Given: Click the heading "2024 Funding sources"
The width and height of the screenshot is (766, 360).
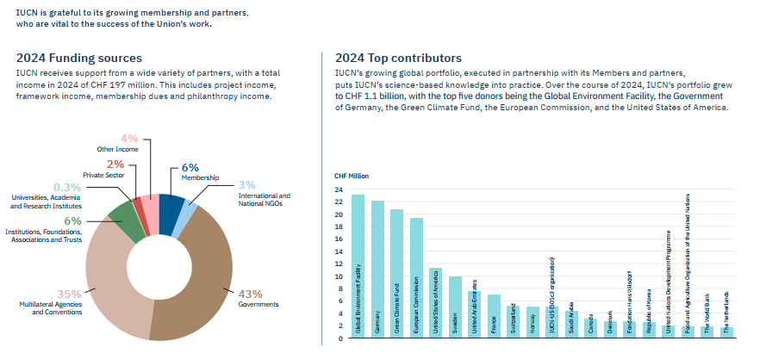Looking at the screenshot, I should tap(78, 58).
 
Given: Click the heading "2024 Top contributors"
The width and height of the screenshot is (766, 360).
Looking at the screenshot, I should tap(398, 58).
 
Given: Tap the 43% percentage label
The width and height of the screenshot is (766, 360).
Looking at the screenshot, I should tap(250, 293).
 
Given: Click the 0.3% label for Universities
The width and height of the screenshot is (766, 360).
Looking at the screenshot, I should tap(67, 187).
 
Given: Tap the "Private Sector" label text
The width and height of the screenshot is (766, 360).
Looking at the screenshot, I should tap(104, 175).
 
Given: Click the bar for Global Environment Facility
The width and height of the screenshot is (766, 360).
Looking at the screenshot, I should tap(358, 266).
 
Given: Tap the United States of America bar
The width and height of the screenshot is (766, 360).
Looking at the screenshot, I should tap(436, 302).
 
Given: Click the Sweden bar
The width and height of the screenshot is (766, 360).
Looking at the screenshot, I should tap(455, 307).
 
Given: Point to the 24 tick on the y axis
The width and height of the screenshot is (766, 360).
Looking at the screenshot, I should tap(339, 189).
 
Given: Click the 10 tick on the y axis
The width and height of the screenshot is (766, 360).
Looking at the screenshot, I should tap(339, 277).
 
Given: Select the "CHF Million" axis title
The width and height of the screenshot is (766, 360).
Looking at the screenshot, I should tap(351, 176).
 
